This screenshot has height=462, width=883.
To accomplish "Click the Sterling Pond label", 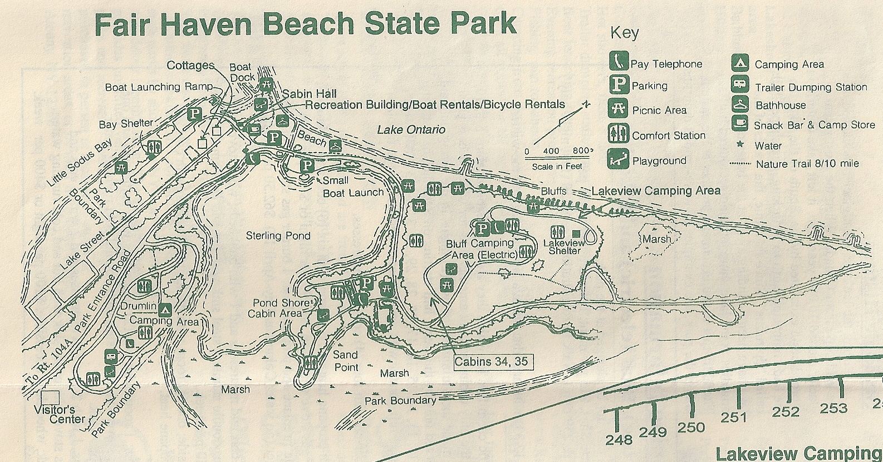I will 278,236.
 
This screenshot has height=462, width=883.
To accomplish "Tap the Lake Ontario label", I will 411,130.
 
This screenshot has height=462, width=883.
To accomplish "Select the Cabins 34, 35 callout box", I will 490,362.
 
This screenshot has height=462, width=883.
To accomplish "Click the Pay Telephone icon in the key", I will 619,60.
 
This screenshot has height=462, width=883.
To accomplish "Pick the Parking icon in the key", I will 619,84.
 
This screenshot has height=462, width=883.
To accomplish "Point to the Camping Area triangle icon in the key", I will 739,63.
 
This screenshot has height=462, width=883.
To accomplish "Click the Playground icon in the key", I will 619,159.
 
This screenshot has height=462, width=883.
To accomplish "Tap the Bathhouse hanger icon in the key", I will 739,104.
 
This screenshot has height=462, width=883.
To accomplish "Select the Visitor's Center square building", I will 51,397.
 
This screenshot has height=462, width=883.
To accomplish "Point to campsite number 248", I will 619,440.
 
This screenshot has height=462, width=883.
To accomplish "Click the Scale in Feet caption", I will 557,166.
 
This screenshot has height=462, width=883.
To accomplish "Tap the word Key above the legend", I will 624,33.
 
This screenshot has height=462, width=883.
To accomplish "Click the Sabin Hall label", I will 309,94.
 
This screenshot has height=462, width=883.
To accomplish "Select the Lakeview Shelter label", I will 563,247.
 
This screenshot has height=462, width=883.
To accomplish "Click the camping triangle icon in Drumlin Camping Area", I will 165,310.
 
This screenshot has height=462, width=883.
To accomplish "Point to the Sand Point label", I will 346,361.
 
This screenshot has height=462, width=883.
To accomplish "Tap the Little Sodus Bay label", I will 79,162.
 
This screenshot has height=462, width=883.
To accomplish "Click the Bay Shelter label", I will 125,124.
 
